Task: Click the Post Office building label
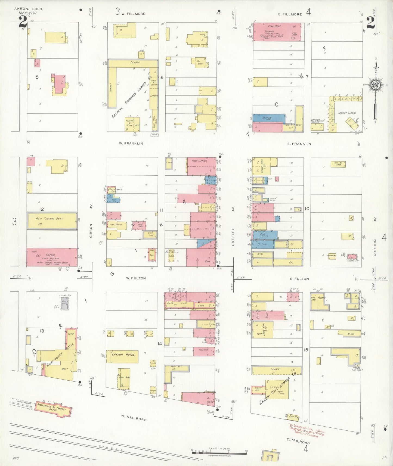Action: (199, 161)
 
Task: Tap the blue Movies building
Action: (268, 118)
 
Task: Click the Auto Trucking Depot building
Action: (52, 220)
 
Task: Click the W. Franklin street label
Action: (131, 143)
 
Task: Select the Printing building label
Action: (203, 350)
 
